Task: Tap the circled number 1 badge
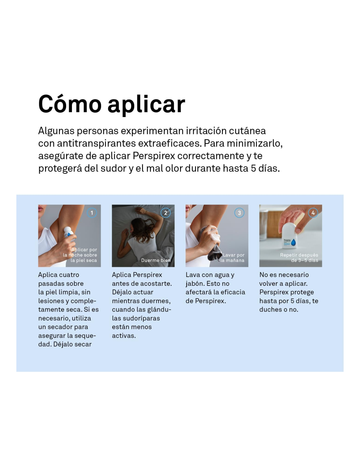click(92, 213)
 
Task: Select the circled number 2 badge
click(166, 213)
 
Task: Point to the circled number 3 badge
click(239, 213)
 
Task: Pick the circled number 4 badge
click(313, 213)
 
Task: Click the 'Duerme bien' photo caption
click(156, 260)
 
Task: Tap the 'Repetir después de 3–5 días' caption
click(299, 257)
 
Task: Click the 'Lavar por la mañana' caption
click(232, 257)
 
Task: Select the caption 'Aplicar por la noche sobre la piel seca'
click(80, 255)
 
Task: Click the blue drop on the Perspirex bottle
click(293, 242)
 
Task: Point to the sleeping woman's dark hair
click(142, 230)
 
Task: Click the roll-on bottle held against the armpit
click(68, 232)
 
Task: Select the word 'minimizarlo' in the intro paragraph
click(255, 143)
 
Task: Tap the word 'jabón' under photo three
click(194, 284)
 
